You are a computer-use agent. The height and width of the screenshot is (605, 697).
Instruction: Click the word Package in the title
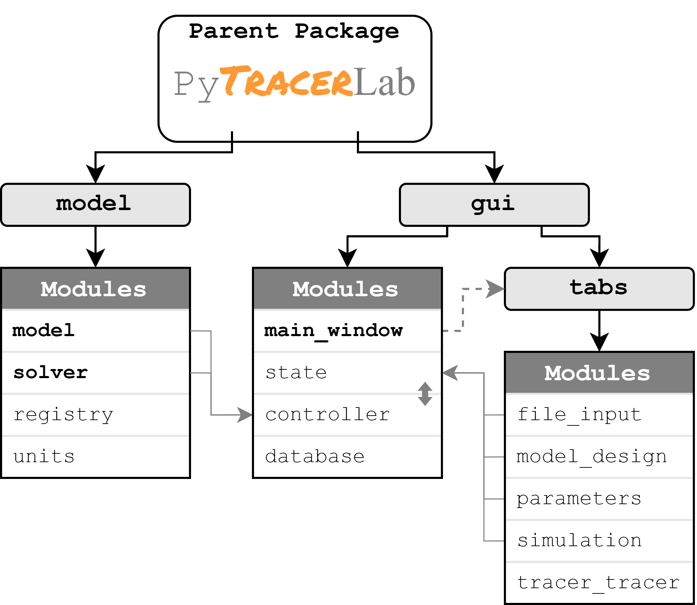tap(346, 32)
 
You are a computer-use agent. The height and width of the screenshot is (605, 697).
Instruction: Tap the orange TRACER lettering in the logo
tap(287, 82)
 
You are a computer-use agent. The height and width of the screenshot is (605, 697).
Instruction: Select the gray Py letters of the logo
tap(196, 84)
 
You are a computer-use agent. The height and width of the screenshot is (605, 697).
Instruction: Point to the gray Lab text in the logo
tap(384, 82)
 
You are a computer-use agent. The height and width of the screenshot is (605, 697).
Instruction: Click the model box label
tap(93, 204)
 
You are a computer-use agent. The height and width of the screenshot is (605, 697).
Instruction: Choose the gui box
tap(494, 204)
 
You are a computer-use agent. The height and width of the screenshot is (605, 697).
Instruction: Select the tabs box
tap(599, 288)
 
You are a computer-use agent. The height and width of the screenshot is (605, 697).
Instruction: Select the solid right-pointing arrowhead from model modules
tap(244, 415)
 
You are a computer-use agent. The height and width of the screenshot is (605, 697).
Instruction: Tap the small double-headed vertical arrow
tap(425, 394)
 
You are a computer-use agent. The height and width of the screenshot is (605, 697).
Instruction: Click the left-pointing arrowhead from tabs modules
tap(451, 373)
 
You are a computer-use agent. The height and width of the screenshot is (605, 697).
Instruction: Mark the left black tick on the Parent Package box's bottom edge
tap(232, 136)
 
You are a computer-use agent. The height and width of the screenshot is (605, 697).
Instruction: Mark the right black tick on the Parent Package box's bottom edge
tap(358, 136)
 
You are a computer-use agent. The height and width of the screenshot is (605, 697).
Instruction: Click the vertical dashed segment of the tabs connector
tap(463, 310)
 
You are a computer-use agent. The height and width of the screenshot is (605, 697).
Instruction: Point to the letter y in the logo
tap(209, 88)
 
